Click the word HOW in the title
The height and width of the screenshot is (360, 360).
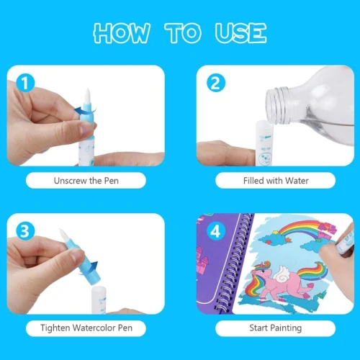coord(122,33)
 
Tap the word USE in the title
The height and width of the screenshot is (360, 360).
coord(240,33)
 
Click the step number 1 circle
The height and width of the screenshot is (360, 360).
coord(25,83)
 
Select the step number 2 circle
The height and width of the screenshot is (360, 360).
coord(216,83)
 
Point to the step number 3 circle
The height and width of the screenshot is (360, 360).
coord(25,231)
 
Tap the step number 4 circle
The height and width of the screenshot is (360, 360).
coord(216,231)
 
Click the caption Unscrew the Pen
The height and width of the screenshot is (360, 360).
coord(86,181)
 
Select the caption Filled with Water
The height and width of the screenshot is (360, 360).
coord(276,181)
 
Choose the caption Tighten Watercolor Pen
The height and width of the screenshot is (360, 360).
coord(86,328)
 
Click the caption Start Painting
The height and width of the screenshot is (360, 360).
coord(276,328)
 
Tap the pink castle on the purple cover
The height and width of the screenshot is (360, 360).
coord(201,261)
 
